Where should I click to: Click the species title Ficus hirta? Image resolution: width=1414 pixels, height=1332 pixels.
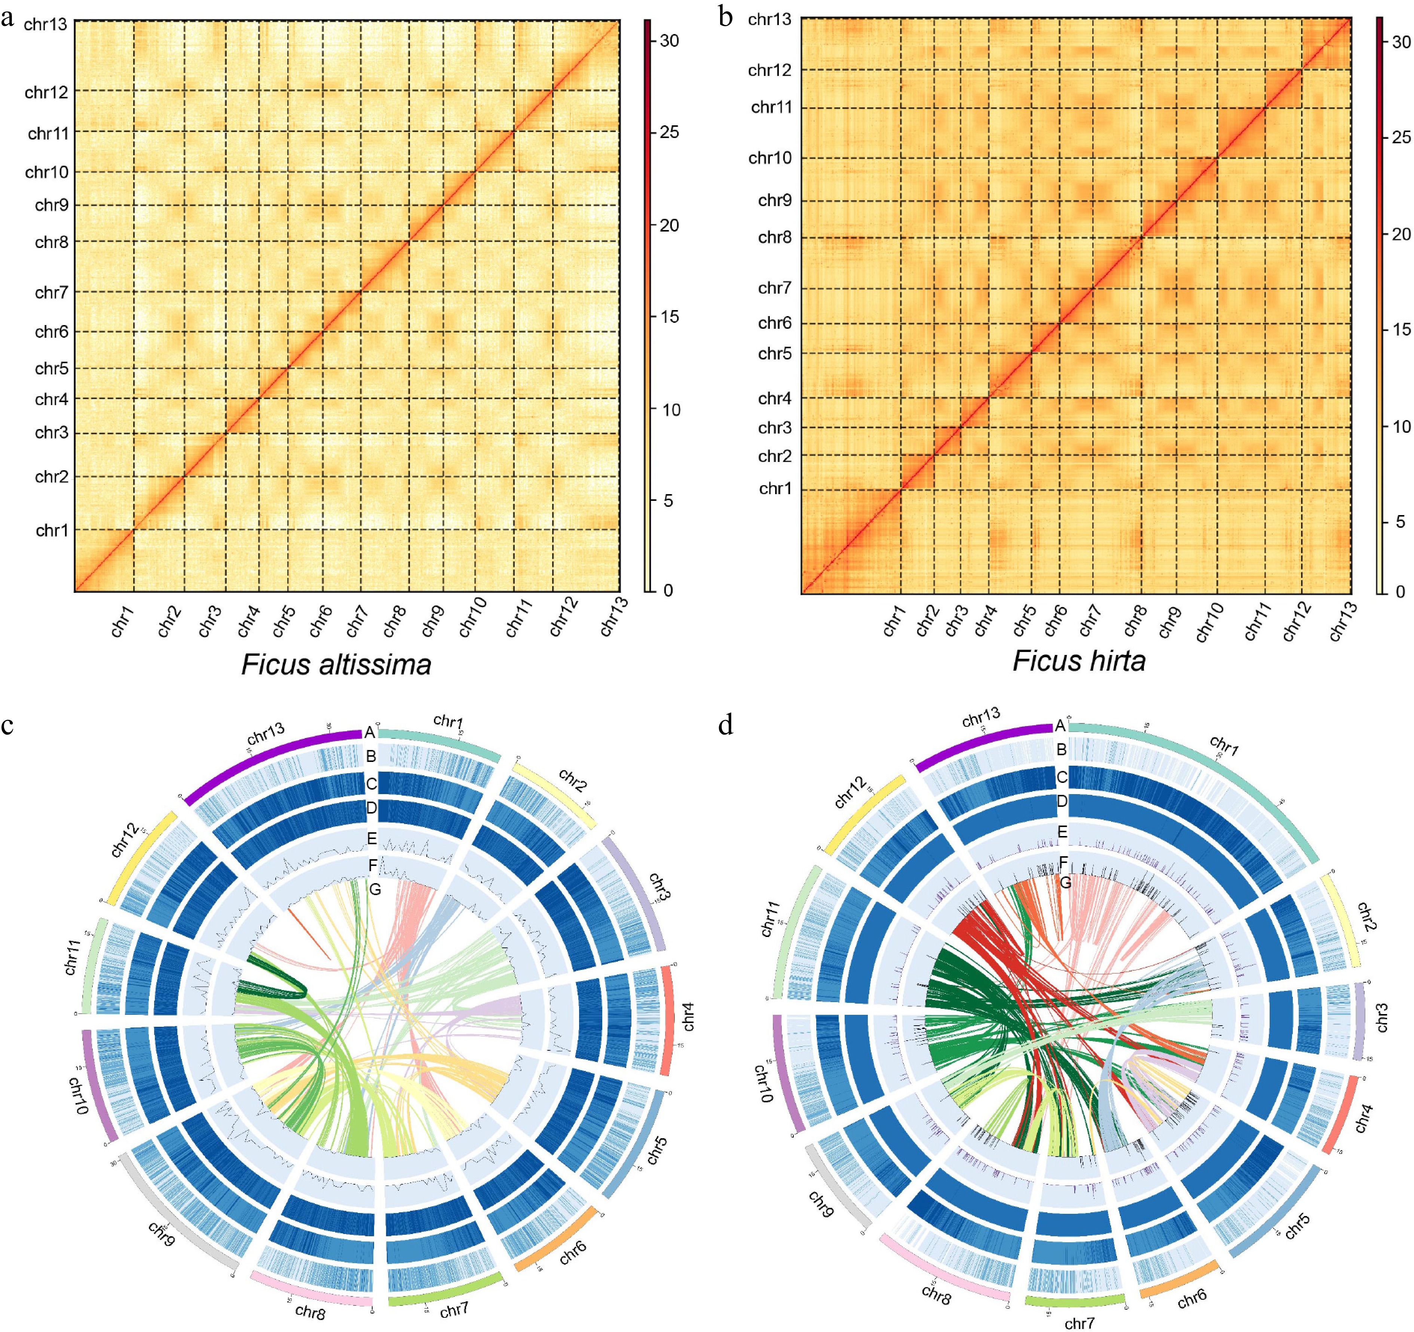(1078, 661)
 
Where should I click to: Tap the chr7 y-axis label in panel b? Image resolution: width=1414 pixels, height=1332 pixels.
(775, 288)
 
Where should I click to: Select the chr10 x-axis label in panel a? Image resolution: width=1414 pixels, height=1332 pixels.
(473, 616)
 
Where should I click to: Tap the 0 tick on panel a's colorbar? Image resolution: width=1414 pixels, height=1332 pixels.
(667, 590)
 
